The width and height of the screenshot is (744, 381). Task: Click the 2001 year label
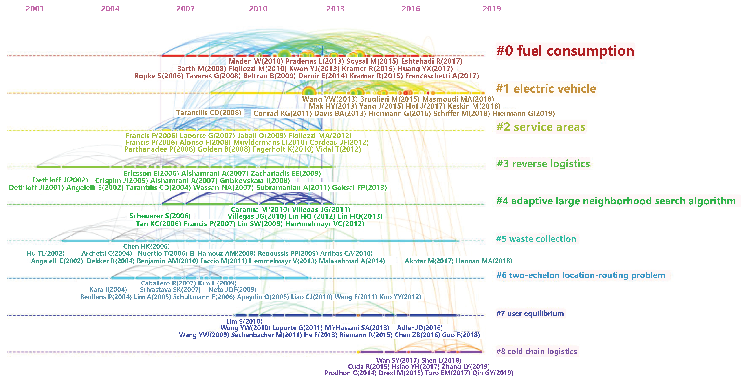(x=34, y=9)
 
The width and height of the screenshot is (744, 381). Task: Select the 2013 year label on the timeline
(x=335, y=9)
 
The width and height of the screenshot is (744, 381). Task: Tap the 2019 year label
(x=492, y=9)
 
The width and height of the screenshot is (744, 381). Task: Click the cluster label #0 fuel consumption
(x=565, y=51)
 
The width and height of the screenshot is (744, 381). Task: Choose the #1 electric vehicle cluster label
(x=546, y=89)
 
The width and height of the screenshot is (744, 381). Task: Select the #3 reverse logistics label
(x=543, y=164)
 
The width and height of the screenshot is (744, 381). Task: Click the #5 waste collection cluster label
(x=536, y=239)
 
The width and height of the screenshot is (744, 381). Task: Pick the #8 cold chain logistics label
(x=536, y=351)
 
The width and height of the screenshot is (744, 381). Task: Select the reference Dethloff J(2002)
(x=60, y=180)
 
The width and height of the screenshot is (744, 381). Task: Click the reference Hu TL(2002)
(x=46, y=253)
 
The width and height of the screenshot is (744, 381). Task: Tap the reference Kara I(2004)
(x=108, y=289)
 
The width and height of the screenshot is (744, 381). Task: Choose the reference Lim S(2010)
(x=244, y=321)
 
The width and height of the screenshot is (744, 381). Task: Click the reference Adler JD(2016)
(x=420, y=328)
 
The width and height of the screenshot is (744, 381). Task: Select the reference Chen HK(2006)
(x=146, y=246)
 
